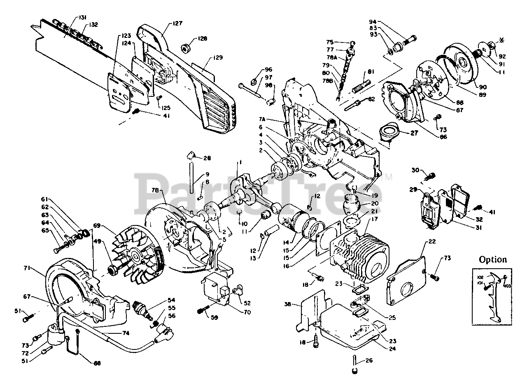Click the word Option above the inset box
(x=492, y=260)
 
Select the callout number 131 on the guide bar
(x=82, y=18)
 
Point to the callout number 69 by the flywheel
(x=97, y=226)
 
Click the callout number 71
(x=27, y=268)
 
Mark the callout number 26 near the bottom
(x=369, y=361)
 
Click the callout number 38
(x=287, y=305)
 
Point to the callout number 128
(x=202, y=39)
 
